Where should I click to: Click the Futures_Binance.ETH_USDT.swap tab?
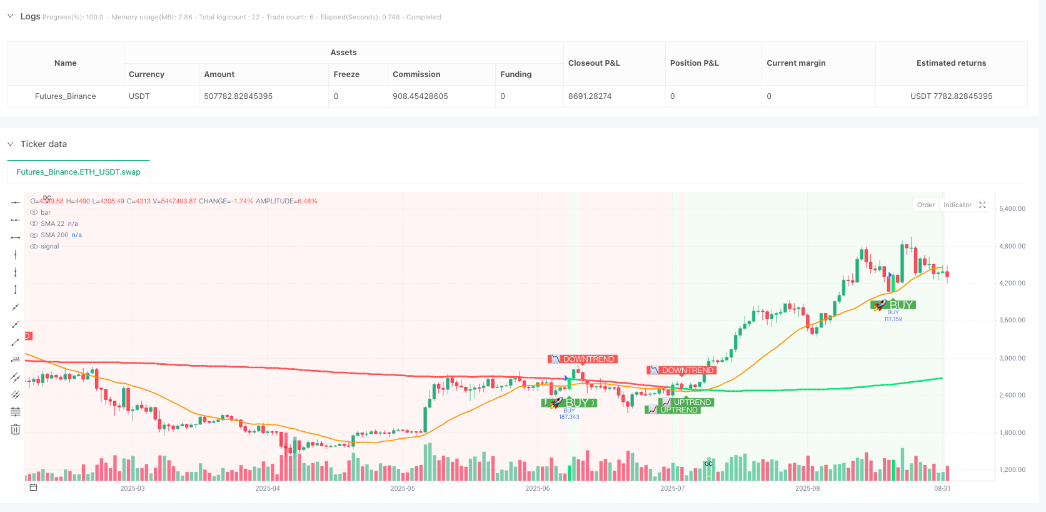pos(78,172)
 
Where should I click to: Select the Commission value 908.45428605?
pos(420,96)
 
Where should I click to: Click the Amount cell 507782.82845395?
pos(238,96)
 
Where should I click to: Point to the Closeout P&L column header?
pos(594,63)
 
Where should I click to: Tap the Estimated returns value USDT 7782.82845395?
pos(951,96)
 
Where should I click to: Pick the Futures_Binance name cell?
pos(66,96)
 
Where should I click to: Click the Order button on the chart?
pos(925,205)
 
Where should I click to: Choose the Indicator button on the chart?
pos(957,205)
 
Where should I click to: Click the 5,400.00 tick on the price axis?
pos(1012,209)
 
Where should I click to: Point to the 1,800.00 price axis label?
pos(1012,433)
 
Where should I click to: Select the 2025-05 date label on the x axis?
pos(403,488)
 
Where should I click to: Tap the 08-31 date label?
pos(942,488)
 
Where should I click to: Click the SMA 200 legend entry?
pos(55,235)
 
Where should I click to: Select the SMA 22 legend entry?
pos(53,224)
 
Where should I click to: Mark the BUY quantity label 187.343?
pos(569,417)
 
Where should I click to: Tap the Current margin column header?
pos(796,63)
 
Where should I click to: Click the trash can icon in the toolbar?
pos(16,429)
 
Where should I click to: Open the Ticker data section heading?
pos(44,144)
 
